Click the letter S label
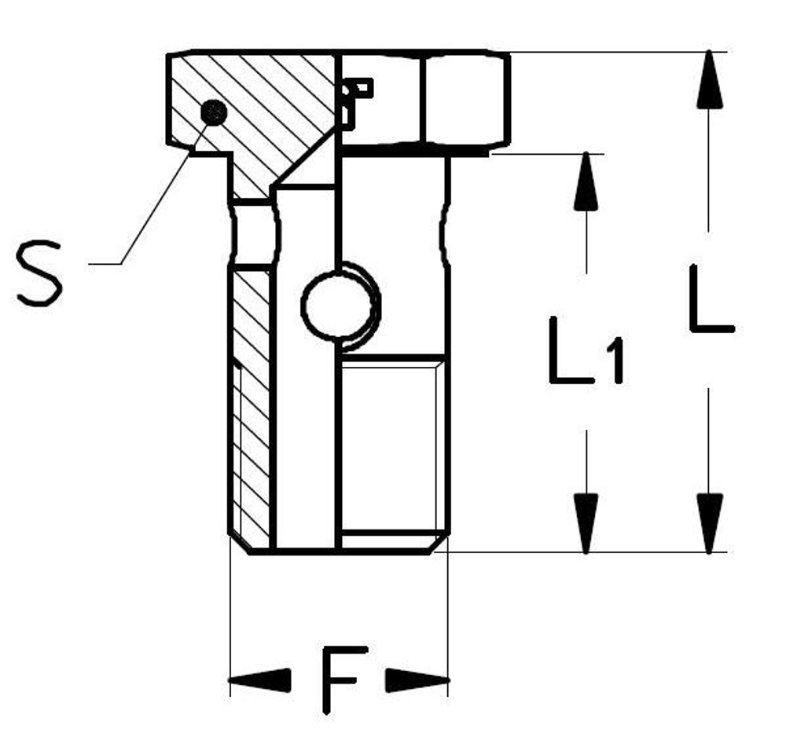click(39, 273)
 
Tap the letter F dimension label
click(344, 680)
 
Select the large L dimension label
click(711, 298)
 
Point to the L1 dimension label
click(586, 350)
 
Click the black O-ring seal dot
click(214, 112)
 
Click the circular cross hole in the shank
click(338, 305)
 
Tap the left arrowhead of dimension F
click(259, 680)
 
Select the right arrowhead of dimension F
click(417, 680)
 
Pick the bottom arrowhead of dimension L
click(709, 523)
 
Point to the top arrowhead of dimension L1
click(586, 181)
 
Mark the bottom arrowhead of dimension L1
click(586, 523)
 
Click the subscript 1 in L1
click(615, 361)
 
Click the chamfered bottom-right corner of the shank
click(437, 544)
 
